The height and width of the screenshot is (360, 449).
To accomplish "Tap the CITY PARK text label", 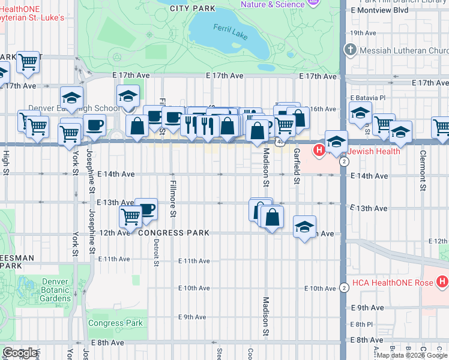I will pos(192,8).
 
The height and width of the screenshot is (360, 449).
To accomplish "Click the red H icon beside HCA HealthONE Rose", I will pos(442,281).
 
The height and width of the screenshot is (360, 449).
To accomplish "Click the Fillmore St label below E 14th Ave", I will pos(173,198).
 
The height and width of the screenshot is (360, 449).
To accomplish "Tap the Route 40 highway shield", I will pos(280,142).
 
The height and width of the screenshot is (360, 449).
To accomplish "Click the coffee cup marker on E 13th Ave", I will pos(146,209).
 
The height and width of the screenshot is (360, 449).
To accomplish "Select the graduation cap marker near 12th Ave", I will pos(305,227).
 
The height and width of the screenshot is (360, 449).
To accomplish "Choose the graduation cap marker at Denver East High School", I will pos(128,96).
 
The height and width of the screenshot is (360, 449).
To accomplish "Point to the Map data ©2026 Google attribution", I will pos(411,355).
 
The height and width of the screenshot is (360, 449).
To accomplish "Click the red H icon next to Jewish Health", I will pos(319,149).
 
